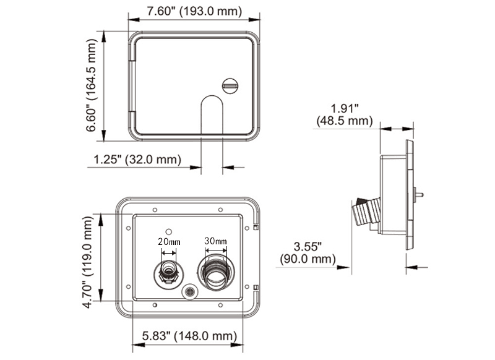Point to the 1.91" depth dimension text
click(344, 106)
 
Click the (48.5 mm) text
click(344, 120)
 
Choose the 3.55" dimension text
click(308, 246)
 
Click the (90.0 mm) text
click(308, 259)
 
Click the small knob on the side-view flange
click(421, 194)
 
